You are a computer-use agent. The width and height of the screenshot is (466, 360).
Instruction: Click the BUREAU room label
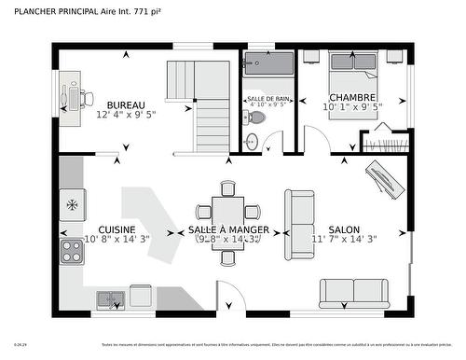click(126, 104)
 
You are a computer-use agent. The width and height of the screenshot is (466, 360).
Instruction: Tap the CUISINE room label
click(116, 229)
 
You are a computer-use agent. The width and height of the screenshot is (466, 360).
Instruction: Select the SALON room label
click(343, 229)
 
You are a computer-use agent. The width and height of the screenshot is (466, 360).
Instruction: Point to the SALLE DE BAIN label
click(268, 98)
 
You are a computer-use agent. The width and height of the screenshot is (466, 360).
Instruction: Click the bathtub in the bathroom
click(268, 66)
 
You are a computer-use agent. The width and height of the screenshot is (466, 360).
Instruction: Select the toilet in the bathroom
click(252, 142)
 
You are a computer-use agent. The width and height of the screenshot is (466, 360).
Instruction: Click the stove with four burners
click(72, 249)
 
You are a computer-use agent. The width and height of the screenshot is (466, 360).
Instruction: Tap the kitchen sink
click(112, 299)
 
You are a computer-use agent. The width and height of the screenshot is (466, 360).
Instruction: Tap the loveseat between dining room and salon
click(300, 220)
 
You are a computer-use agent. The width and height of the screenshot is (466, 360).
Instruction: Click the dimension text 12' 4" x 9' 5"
click(126, 116)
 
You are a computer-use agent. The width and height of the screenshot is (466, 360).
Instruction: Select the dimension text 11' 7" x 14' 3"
click(343, 240)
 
